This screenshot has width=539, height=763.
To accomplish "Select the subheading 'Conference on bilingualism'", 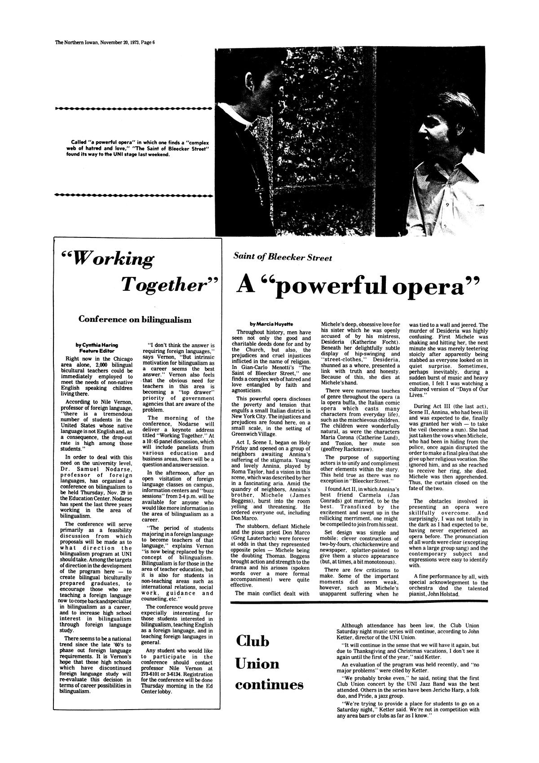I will click(x=135, y=320).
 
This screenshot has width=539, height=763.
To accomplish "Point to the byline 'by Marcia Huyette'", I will click(x=269, y=323).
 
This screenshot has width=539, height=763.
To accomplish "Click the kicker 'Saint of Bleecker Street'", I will click(x=283, y=258).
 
